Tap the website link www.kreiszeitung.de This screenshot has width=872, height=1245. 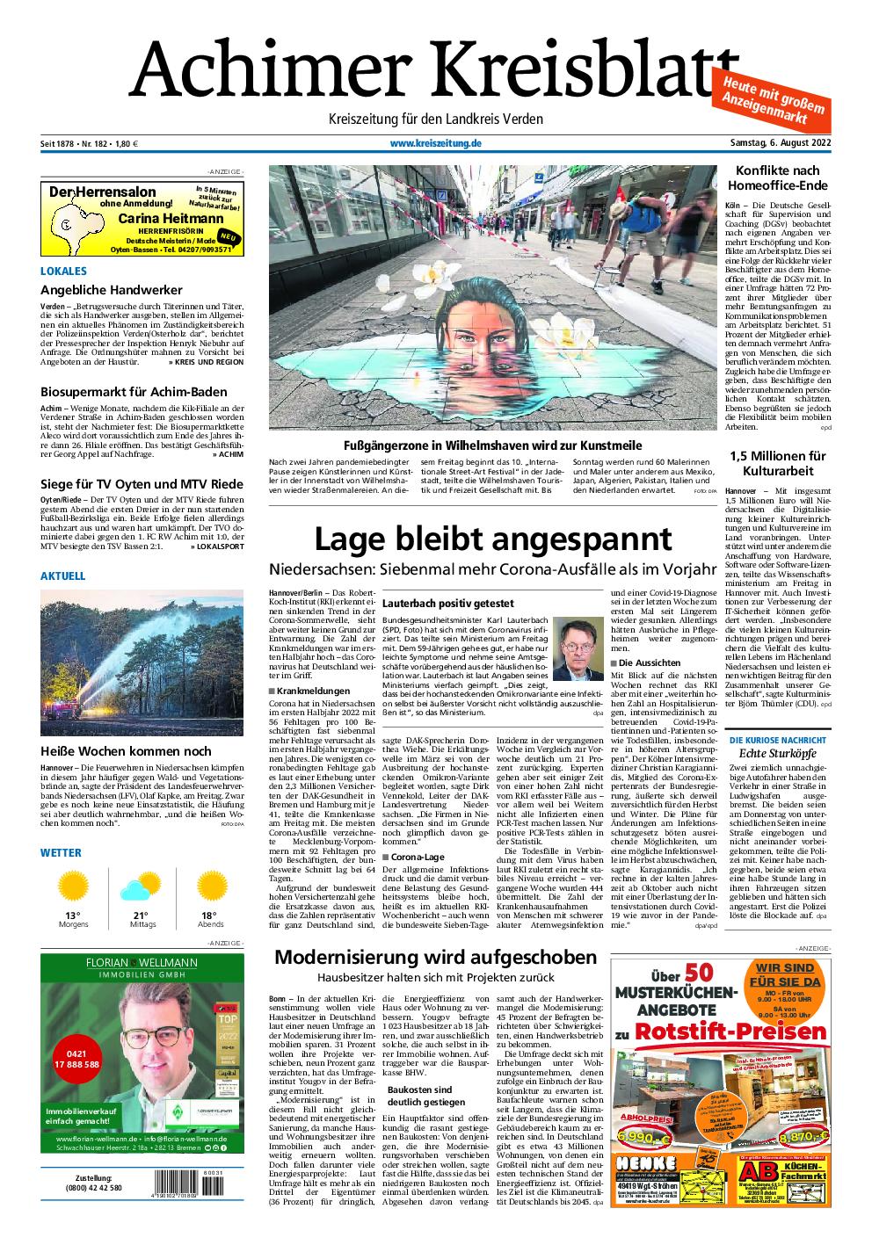(x=435, y=144)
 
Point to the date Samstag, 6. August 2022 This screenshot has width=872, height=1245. (x=781, y=144)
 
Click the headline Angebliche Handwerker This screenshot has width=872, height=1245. (x=112, y=290)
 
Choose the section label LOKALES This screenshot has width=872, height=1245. (x=63, y=271)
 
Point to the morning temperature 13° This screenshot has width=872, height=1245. (x=73, y=916)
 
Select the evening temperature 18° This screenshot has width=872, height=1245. (x=210, y=916)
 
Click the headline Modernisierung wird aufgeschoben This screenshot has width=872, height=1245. (x=436, y=957)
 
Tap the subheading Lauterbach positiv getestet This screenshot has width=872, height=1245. (x=447, y=604)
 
